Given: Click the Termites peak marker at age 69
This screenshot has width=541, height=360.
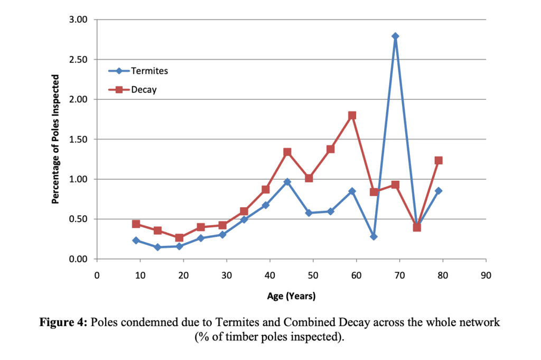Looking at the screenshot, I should pos(395,36).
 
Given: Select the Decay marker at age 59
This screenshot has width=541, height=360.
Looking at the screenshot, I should pos(352,115).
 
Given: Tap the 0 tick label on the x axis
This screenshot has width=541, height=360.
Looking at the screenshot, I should pos(97,275).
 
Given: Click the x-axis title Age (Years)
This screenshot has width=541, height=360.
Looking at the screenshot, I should pos(291,296).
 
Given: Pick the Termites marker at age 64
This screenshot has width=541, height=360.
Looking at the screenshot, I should pos(374,236).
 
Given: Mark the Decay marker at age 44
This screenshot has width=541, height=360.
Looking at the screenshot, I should pos(287,152).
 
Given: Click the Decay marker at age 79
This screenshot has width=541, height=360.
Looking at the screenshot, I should pos(439,160).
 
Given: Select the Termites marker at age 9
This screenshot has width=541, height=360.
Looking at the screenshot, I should pos(136,241).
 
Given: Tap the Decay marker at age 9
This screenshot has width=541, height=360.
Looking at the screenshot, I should pos(136,224).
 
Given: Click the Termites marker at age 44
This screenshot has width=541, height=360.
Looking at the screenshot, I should pos(287,182).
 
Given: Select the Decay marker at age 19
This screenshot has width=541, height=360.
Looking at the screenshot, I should pos(179,238).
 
